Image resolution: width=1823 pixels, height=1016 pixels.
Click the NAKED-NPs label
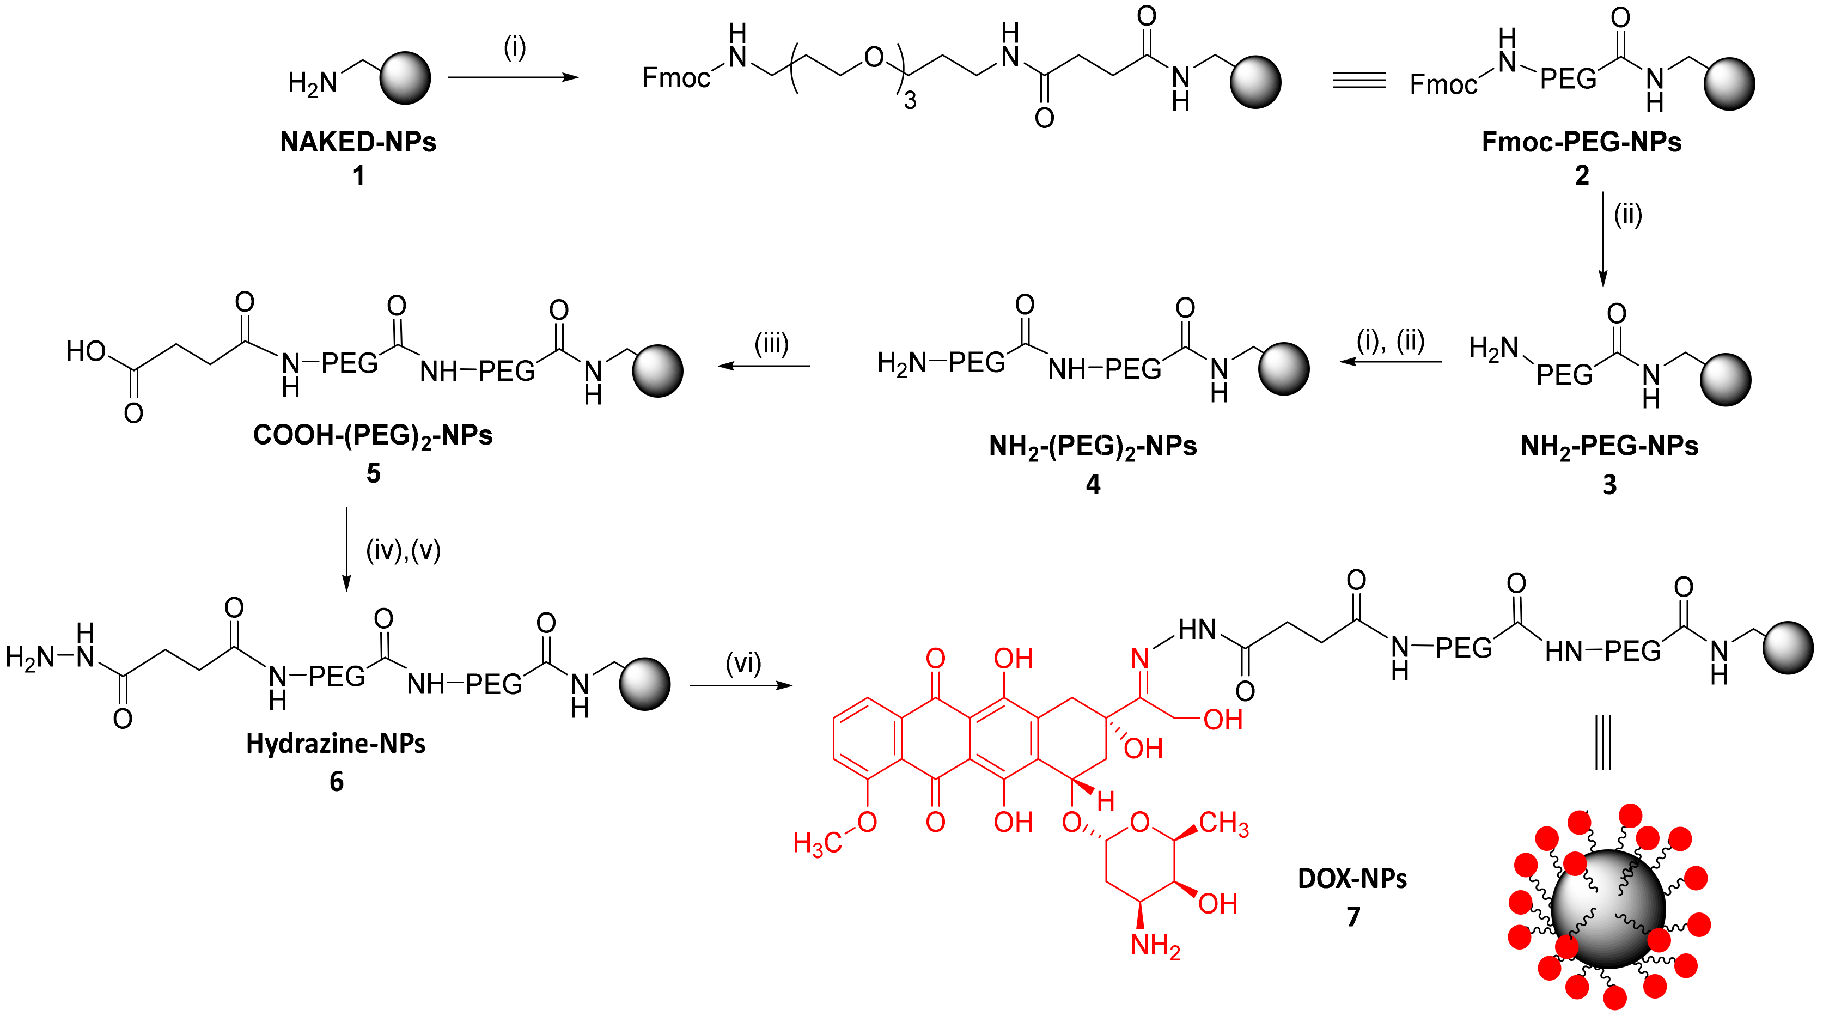(358, 142)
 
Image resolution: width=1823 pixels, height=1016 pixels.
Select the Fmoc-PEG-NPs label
(1581, 142)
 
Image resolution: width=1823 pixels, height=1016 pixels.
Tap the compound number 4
(1093, 485)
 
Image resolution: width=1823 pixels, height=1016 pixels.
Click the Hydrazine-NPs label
(336, 744)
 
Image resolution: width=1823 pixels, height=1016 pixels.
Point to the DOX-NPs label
(1352, 879)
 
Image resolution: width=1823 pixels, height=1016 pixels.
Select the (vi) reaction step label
(743, 664)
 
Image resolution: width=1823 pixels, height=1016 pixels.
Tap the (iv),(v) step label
(404, 550)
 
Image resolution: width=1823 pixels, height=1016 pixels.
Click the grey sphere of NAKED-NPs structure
(405, 78)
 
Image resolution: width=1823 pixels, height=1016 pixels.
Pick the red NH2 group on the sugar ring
(1155, 946)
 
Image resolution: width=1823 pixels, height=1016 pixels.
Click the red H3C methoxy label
(818, 843)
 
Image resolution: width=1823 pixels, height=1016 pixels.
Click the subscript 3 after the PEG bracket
(910, 102)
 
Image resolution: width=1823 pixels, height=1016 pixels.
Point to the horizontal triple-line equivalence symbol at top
(1359, 80)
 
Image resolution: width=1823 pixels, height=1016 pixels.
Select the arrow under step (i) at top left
(513, 77)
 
